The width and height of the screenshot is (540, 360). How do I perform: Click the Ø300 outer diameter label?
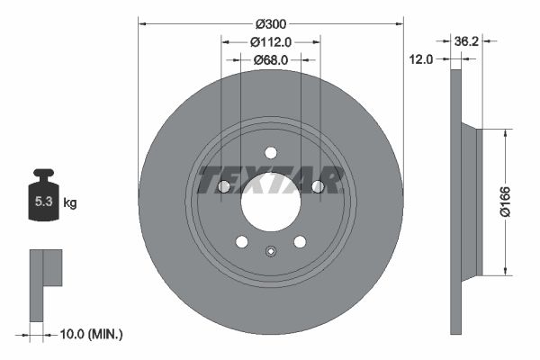[270, 23]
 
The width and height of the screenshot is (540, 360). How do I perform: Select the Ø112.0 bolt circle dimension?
[270, 41]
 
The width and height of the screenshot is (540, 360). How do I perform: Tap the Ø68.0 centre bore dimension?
[270, 59]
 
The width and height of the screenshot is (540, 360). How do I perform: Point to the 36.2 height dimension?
[466, 41]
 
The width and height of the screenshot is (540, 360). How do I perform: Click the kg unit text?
[70, 203]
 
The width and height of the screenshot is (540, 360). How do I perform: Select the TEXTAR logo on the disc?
[270, 180]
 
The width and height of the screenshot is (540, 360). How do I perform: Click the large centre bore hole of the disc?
[270, 203]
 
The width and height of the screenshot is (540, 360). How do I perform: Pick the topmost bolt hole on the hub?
[270, 153]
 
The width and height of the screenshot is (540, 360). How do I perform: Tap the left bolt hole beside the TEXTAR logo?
[223, 186]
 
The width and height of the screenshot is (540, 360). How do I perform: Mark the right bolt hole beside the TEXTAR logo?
[317, 186]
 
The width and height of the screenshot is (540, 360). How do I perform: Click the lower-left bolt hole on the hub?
[241, 241]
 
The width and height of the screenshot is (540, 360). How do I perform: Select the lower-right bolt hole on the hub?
[300, 241]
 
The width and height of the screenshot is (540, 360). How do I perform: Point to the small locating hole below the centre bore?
[270, 251]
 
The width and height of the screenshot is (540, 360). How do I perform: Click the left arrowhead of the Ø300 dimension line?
[141, 23]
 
